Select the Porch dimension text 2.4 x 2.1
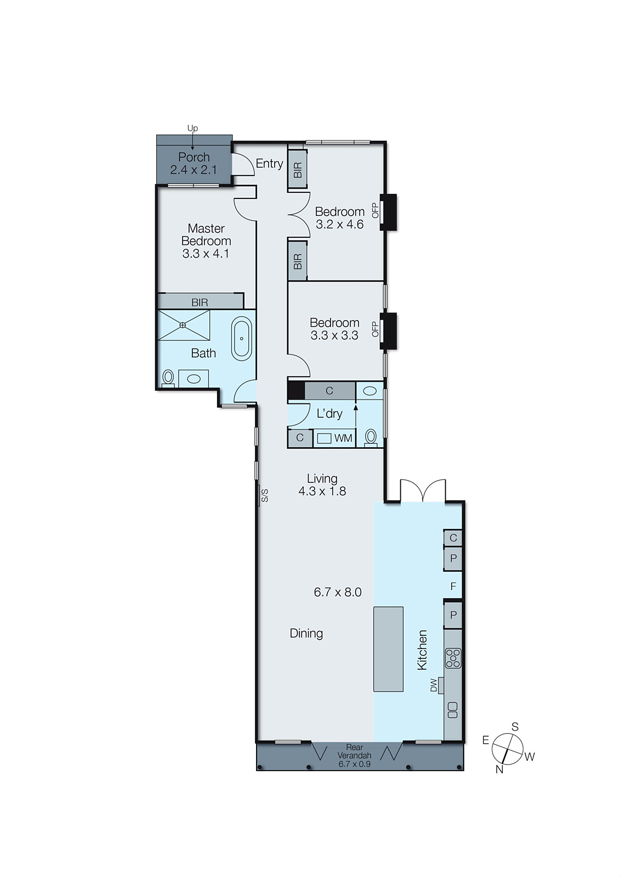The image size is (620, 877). click(x=194, y=170)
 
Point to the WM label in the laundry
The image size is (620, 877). click(x=343, y=438)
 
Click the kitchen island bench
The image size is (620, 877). click(x=388, y=649)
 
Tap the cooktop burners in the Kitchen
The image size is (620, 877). click(x=453, y=658)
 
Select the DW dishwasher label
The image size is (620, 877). click(x=434, y=685)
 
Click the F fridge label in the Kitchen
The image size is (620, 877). click(x=453, y=586)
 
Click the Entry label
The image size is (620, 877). click(x=269, y=163)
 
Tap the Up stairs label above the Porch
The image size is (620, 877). click(x=192, y=128)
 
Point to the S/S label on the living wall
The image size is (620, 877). click(x=264, y=496)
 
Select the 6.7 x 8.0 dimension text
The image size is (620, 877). click(x=338, y=592)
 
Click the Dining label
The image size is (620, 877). click(x=306, y=633)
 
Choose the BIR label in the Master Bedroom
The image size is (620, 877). click(x=200, y=302)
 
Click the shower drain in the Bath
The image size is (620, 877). click(x=183, y=325)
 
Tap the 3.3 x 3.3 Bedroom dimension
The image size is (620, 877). click(x=334, y=335)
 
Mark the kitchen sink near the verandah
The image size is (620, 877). click(x=452, y=710)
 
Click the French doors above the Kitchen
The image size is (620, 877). click(x=423, y=491)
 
